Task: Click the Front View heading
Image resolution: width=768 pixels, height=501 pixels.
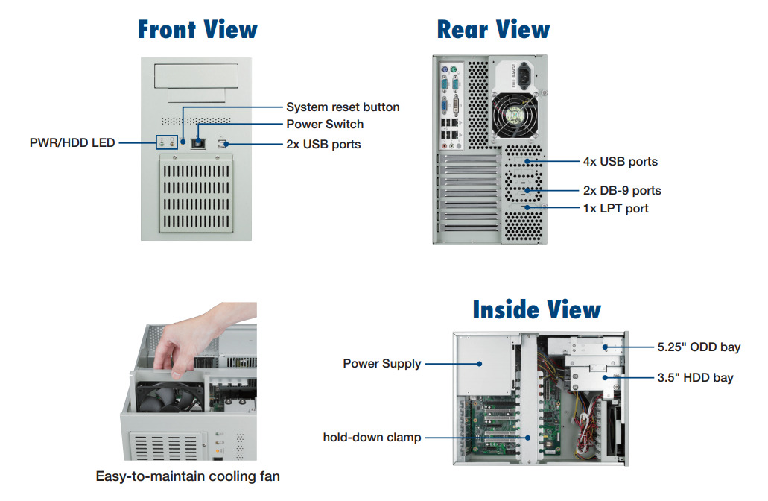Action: (197, 30)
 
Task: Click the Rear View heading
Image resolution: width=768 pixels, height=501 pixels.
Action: (493, 30)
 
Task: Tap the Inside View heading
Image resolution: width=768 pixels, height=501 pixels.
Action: (536, 309)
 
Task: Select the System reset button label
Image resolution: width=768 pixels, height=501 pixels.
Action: (343, 107)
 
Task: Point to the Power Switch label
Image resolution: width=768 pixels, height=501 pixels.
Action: (325, 124)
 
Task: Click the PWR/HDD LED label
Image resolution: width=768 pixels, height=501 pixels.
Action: (72, 142)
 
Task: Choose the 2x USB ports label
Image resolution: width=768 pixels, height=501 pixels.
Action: (323, 144)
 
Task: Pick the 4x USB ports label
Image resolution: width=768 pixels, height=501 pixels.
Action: (620, 161)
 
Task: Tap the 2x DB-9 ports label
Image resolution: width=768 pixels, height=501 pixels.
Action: (621, 190)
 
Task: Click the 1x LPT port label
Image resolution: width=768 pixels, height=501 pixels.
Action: (615, 208)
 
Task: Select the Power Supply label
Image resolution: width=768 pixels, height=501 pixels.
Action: (381, 364)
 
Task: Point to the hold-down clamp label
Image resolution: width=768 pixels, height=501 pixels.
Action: (372, 438)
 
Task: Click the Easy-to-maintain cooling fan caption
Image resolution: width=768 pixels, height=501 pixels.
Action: (188, 476)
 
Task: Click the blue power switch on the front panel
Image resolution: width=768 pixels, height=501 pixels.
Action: (198, 142)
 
